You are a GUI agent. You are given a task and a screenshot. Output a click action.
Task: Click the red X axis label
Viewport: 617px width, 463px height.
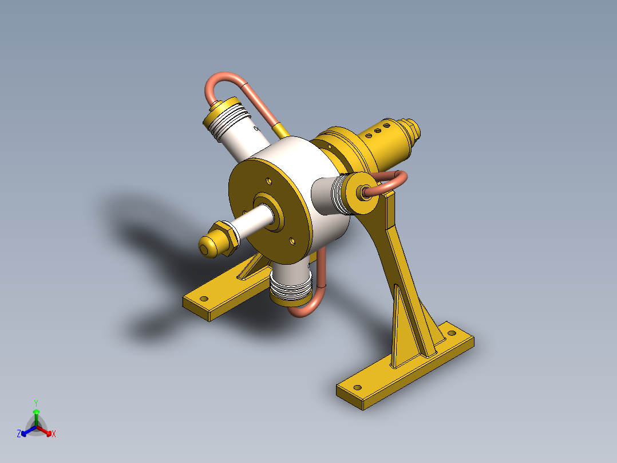[x=54, y=434]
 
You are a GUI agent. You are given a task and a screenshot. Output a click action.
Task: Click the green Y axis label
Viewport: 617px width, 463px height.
[x=35, y=403]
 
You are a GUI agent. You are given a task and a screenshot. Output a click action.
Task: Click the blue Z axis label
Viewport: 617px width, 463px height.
[x=19, y=434]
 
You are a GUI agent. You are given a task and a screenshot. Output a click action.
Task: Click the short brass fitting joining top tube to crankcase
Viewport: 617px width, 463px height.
[x=280, y=131]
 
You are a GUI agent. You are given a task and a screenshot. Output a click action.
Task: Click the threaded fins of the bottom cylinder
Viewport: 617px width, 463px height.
[x=290, y=289]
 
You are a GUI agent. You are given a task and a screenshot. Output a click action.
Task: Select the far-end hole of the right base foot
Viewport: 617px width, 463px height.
[x=452, y=332]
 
